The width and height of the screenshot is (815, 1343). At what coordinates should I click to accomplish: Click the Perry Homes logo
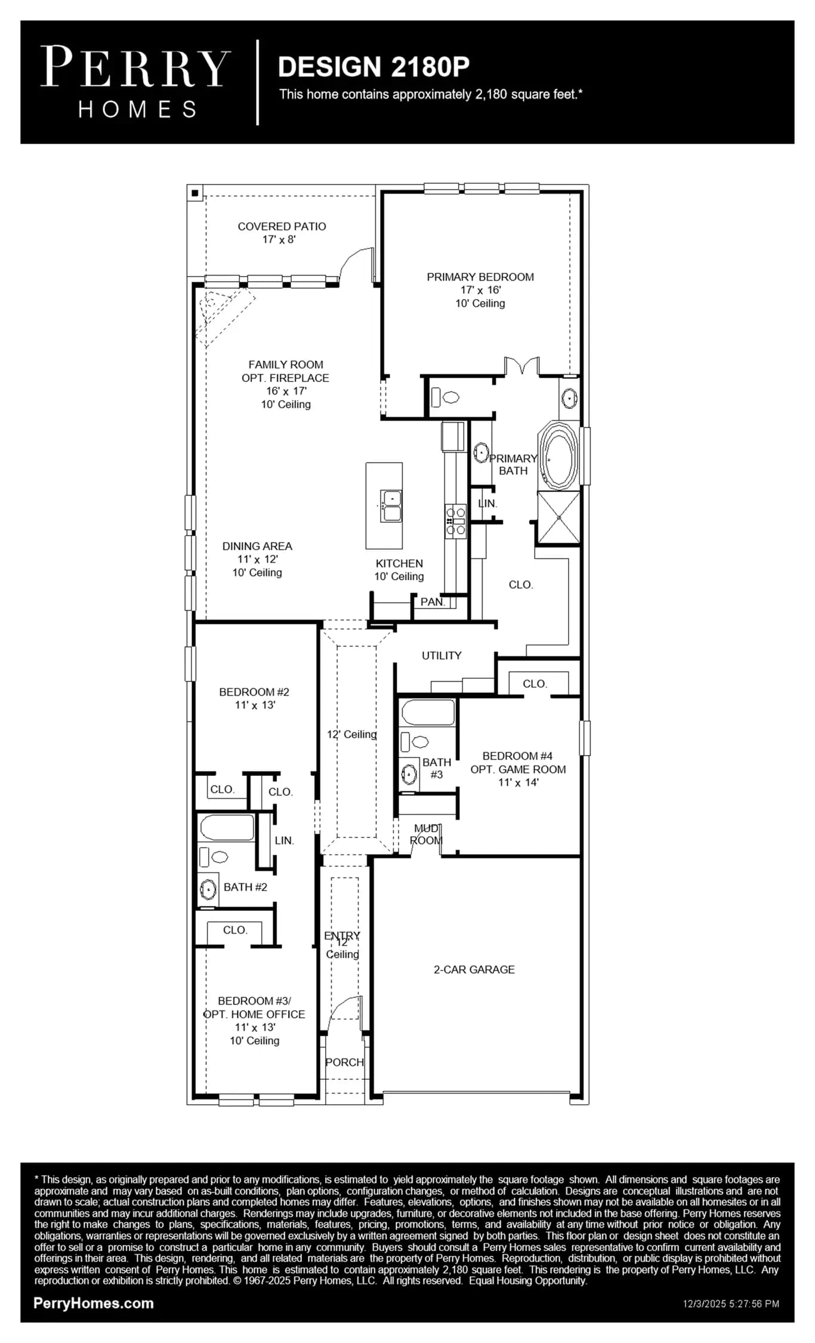coord(135,82)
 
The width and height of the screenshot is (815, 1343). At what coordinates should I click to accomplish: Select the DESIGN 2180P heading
coord(373,67)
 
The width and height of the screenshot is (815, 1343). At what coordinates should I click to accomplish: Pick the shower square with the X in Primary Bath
coord(558,518)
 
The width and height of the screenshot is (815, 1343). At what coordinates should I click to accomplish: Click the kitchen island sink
coord(391,506)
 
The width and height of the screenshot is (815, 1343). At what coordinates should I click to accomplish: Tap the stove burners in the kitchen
coord(456,521)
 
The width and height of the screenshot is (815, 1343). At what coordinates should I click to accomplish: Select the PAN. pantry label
coord(433,602)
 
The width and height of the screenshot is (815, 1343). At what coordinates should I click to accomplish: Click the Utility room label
coord(442,655)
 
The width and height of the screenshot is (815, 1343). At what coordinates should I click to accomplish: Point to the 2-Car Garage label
coord(474,970)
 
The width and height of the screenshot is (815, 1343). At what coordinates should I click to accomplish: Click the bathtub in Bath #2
coord(227,828)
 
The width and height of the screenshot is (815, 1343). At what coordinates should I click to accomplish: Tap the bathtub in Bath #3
coord(428,713)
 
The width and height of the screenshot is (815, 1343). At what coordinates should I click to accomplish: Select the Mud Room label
coord(426,834)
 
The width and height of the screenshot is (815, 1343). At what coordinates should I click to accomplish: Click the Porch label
coord(344,1062)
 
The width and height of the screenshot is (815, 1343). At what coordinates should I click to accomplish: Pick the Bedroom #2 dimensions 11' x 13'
coord(255,705)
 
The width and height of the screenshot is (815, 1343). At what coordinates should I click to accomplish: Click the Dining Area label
coord(257,546)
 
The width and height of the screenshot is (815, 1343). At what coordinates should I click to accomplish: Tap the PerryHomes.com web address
coord(94,1304)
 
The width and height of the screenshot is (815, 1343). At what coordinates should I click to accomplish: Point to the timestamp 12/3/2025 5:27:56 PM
coord(731,1304)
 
